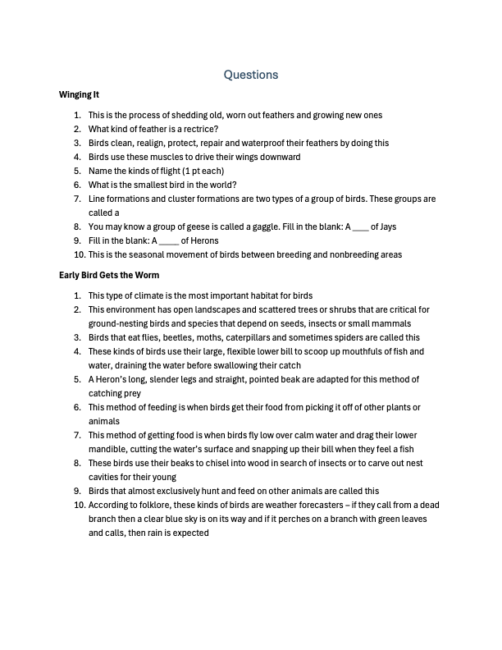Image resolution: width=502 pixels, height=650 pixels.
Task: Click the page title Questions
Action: tap(251, 75)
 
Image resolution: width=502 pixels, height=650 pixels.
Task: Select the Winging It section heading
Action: tap(80, 95)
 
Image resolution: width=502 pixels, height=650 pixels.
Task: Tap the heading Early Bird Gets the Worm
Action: tap(109, 275)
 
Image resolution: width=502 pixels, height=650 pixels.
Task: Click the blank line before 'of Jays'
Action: tap(359, 227)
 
